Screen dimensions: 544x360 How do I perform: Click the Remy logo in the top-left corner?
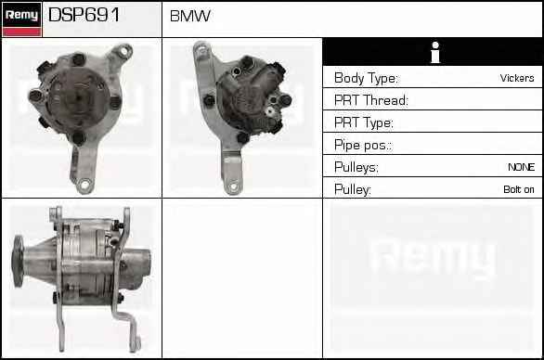point(22,19)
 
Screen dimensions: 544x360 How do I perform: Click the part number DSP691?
point(84,15)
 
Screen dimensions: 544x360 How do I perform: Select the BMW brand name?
point(189,16)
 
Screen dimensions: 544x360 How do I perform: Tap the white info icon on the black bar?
point(435,52)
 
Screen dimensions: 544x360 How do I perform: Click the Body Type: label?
point(366,78)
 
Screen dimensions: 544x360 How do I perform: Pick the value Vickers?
point(517,78)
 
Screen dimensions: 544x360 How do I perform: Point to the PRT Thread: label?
point(371,100)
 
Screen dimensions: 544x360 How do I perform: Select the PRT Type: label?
point(364,122)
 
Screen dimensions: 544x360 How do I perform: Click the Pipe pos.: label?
point(363,145)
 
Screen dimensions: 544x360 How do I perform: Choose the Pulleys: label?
point(356,167)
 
